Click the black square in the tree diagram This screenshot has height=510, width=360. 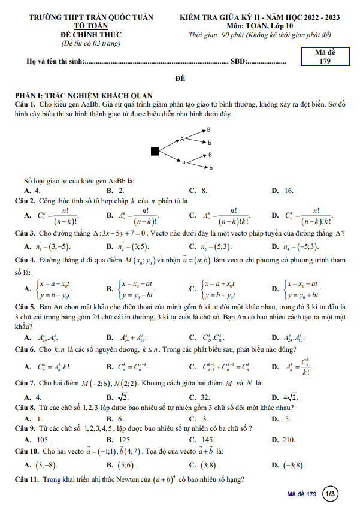pos(155,151)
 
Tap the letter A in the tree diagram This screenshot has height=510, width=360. pos(182,139)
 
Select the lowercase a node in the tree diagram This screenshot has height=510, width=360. pos(183,161)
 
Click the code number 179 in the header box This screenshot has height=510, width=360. pos(325,61)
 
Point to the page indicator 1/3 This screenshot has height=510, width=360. pos(330,494)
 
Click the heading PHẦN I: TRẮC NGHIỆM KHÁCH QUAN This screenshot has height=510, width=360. pos(83,96)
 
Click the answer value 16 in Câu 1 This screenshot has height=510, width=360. pos(289,191)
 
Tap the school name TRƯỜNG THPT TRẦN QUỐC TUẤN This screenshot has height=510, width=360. pos(91,17)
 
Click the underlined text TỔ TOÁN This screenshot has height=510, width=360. pos(91,26)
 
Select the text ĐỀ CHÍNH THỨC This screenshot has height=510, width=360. pos(91,35)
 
